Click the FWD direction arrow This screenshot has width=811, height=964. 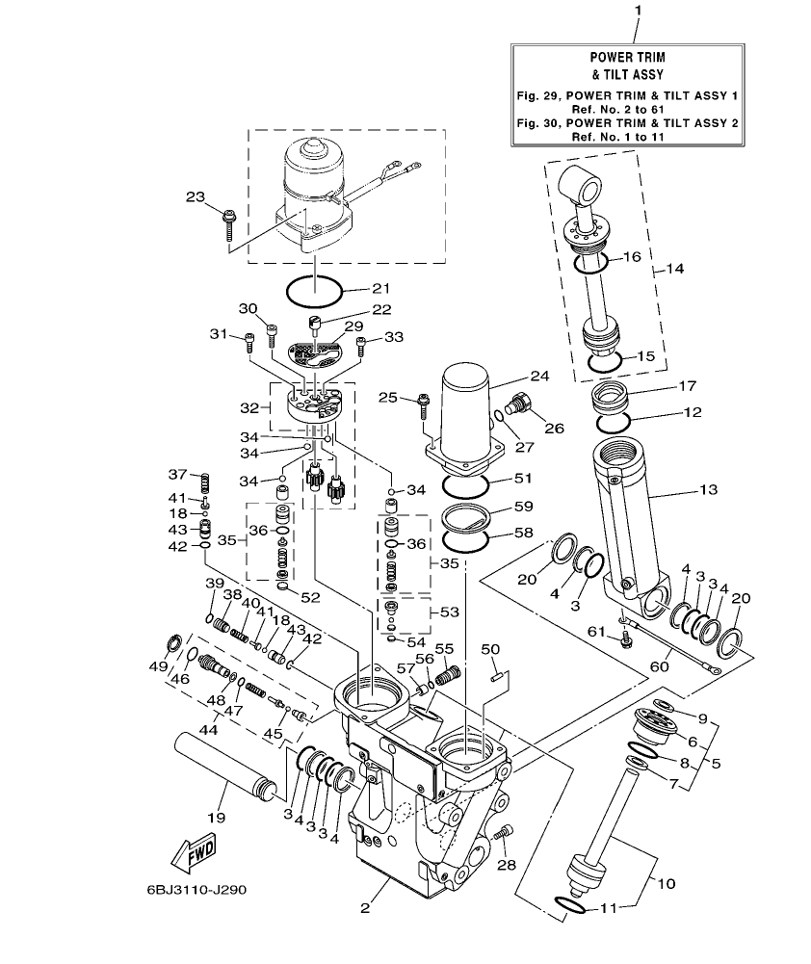194,850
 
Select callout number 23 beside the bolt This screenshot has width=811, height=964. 196,197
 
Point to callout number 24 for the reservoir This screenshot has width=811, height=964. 537,377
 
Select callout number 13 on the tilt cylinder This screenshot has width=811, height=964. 708,491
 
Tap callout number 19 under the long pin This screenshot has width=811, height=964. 216,819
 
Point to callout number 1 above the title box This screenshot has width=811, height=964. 637,10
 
